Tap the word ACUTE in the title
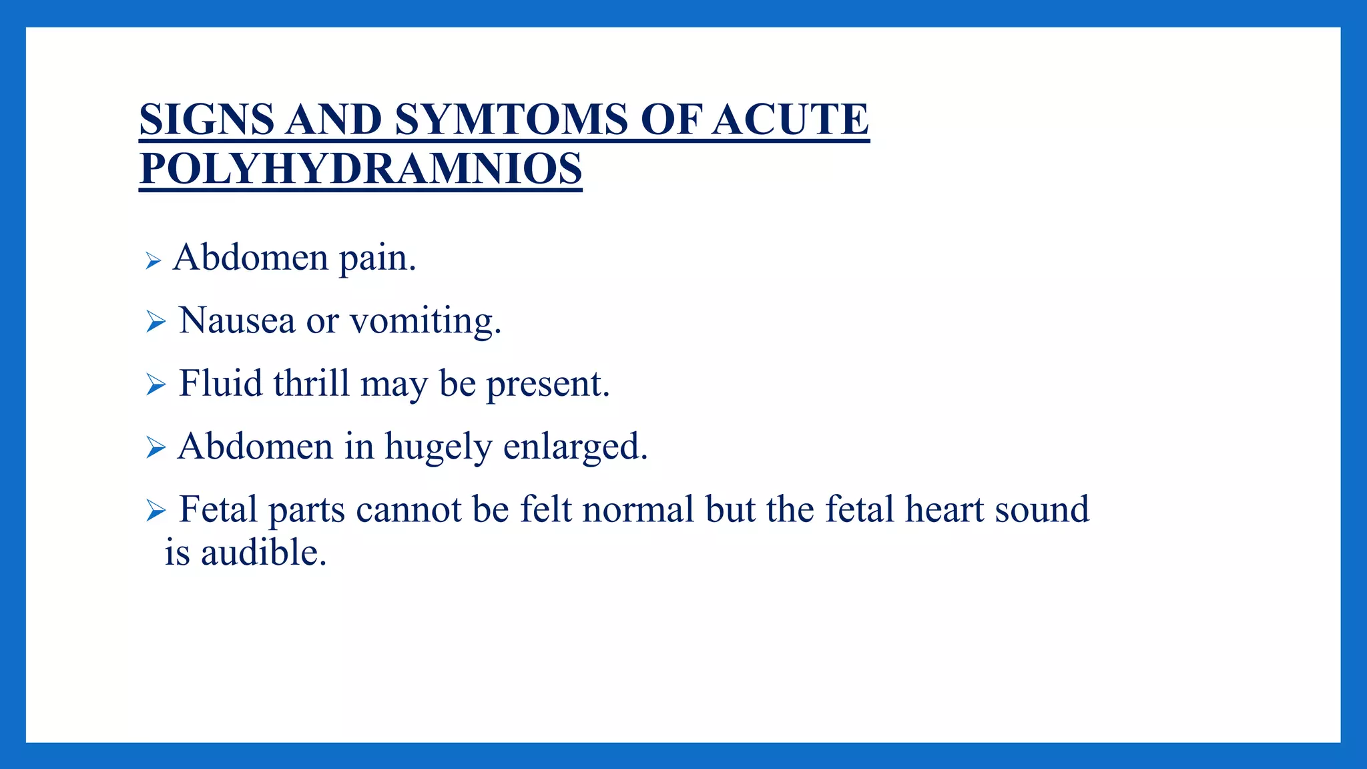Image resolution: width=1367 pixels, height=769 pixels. (790, 120)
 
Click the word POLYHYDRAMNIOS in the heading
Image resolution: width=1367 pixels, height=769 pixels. (360, 169)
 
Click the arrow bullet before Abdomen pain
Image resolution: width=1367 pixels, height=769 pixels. (154, 261)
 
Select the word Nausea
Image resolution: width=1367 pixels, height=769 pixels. (237, 320)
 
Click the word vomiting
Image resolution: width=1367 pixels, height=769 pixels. (425, 322)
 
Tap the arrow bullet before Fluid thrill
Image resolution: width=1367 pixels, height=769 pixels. (156, 384)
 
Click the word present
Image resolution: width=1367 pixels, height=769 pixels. (547, 385)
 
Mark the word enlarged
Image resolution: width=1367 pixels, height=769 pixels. (575, 447)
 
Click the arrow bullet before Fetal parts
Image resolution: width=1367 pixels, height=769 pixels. (156, 511)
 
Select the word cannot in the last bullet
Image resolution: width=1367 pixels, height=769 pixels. (408, 510)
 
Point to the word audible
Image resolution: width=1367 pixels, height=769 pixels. (264, 553)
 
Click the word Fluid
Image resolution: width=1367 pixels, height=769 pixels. (220, 383)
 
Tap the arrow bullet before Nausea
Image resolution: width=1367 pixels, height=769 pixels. (156, 322)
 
